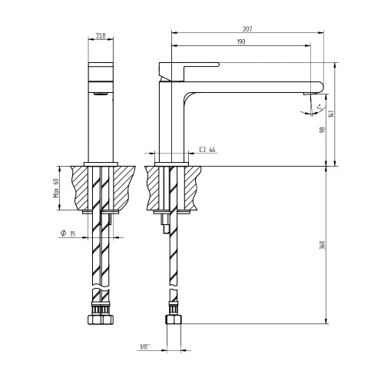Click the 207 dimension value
tap(247, 29)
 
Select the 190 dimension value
tap(241, 41)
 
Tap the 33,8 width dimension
tap(101, 36)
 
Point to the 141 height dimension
tap(332, 114)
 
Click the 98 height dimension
tap(323, 130)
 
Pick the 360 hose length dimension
tap(323, 245)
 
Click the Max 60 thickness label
tap(56, 187)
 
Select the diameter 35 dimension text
tap(68, 233)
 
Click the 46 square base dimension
tap(212, 150)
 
